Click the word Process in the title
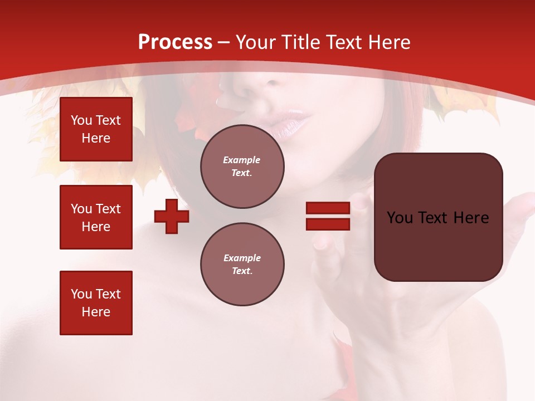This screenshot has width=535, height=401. coord(175,42)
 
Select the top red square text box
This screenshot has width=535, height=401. coord(96,129)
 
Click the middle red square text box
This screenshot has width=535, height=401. coord(96,217)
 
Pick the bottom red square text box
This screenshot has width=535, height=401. coord(96,302)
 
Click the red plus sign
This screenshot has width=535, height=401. coord(172,216)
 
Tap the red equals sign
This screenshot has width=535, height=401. coord(328,216)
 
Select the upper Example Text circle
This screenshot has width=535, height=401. coord(242,166)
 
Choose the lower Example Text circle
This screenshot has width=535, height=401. coord(242,264)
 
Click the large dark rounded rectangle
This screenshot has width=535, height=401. coord(438,217)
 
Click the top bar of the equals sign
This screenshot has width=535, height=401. coord(328,208)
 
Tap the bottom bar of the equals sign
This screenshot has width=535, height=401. coord(328,224)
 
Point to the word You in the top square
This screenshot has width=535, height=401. coord(81,120)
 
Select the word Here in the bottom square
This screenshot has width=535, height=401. coord(96,312)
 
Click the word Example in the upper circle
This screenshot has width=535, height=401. coord(242,160)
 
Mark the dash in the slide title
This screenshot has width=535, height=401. coord(224,42)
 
